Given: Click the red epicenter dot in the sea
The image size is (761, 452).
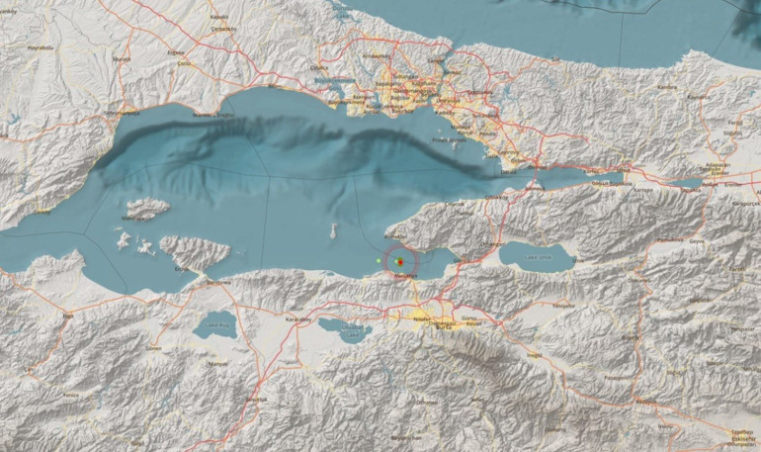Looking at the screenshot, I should (x=399, y=261).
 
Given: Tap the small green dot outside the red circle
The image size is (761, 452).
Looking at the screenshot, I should (x=379, y=260).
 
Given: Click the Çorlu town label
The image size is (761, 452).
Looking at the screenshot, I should (x=183, y=64).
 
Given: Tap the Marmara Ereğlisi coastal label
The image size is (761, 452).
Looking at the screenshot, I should (x=203, y=115).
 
